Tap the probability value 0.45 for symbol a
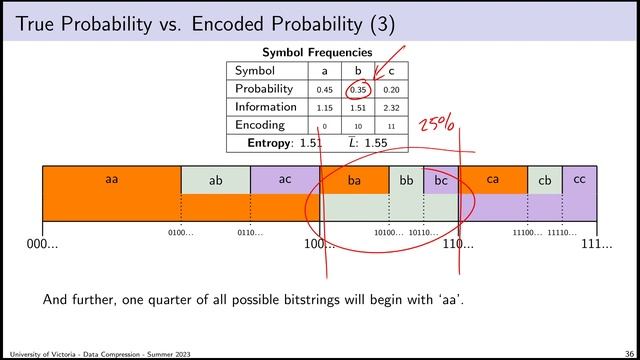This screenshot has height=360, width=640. [324, 90]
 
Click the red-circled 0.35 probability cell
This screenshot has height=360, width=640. [358, 90]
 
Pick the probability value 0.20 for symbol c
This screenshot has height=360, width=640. [391, 90]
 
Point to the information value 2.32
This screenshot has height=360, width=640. [391, 108]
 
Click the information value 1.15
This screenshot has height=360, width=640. [324, 108]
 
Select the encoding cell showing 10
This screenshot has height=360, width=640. [358, 127]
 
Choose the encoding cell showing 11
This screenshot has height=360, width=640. [391, 127]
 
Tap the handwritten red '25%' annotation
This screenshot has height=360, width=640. [436, 125]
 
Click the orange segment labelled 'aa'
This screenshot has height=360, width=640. [111, 180]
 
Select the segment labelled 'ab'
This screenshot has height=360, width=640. [215, 181]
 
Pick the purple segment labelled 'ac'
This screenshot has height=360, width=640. [284, 180]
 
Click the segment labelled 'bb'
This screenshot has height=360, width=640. [406, 180]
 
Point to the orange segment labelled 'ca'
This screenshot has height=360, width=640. [493, 180]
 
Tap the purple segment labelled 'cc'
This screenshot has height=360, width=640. [579, 180]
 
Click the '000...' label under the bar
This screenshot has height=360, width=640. [42, 244]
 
